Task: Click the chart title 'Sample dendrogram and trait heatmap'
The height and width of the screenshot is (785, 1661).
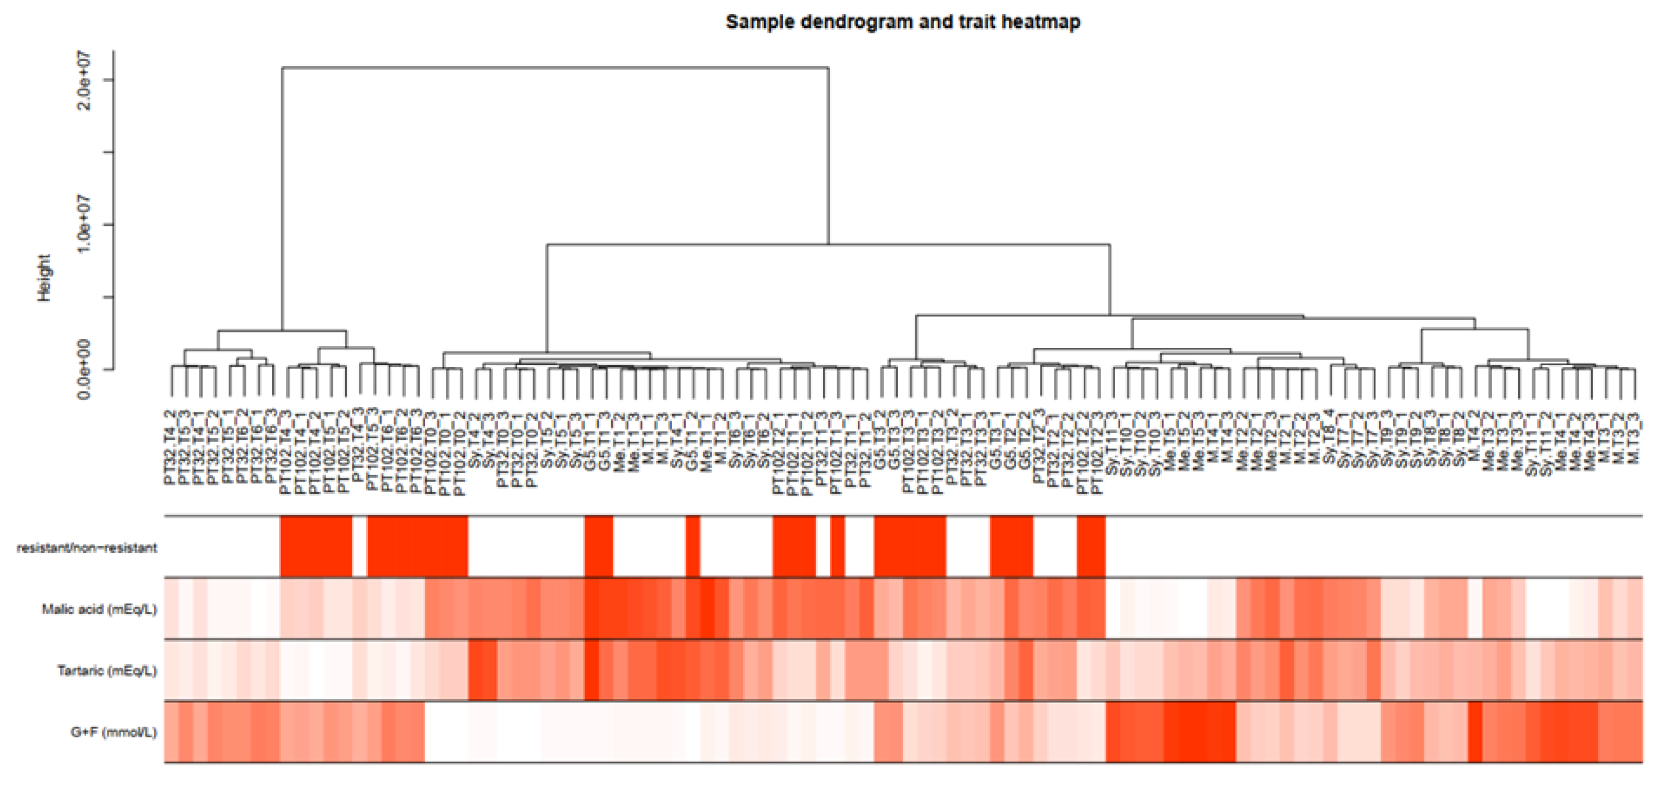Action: tap(903, 22)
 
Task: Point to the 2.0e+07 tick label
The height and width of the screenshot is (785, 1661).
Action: tap(84, 80)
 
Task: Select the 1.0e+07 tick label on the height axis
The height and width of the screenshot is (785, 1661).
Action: tap(84, 225)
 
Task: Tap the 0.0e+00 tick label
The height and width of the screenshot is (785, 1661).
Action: tap(84, 369)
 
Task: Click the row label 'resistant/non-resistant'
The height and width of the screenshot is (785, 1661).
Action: tap(86, 548)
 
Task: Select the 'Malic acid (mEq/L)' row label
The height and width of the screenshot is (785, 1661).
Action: tap(99, 609)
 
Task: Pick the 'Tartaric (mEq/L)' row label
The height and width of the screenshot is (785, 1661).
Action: tap(106, 671)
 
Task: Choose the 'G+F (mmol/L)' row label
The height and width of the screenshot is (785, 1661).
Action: tap(114, 732)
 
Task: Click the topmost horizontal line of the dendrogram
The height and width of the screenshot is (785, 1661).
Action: tap(555, 67)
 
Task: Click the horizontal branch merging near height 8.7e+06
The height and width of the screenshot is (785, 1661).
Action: tap(828, 245)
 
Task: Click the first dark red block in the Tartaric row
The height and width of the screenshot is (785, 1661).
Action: tap(482, 670)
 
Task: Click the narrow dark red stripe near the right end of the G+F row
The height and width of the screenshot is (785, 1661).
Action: tap(1474, 732)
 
